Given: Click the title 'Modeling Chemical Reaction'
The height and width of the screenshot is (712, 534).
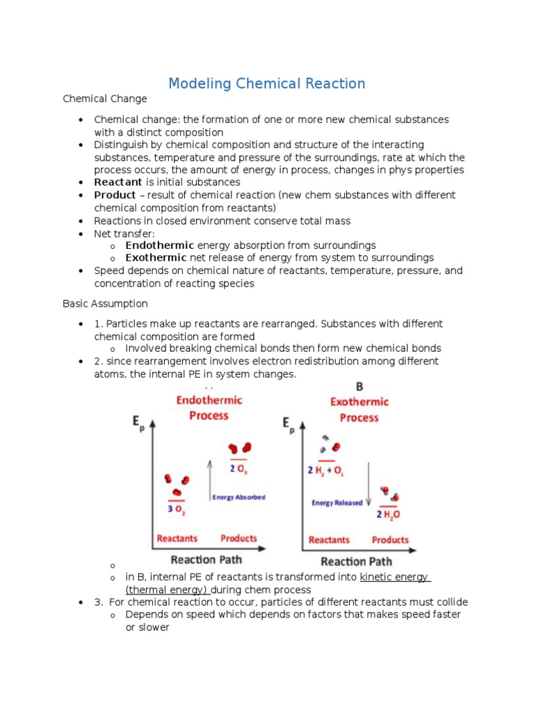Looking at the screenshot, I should click(x=266, y=83).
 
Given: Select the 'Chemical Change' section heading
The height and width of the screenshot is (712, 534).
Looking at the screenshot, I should click(x=105, y=99).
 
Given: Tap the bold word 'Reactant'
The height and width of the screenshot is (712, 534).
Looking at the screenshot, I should click(x=118, y=182).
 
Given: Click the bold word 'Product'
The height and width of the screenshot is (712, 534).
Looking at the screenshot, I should click(x=115, y=195).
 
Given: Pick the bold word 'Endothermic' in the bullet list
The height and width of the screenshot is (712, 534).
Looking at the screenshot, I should click(x=160, y=245).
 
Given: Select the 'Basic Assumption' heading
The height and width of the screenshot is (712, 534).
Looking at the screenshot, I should click(x=105, y=304).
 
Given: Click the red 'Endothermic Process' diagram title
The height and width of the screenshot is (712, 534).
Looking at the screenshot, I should click(x=209, y=408).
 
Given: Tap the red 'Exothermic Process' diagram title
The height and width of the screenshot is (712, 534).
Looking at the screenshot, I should click(x=359, y=410).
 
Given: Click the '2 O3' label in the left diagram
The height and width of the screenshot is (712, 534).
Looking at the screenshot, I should click(x=238, y=469).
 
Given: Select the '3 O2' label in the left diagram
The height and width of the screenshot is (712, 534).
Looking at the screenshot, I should click(x=177, y=509).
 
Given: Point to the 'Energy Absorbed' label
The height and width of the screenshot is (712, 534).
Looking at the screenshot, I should click(x=238, y=497).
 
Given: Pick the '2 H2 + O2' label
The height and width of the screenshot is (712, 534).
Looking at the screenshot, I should click(x=326, y=470).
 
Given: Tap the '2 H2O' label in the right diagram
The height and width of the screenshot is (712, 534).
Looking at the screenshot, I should click(x=389, y=515).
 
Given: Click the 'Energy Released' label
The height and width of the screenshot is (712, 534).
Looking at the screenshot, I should click(x=337, y=503).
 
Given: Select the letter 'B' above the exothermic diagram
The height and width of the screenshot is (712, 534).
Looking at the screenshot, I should click(x=359, y=387).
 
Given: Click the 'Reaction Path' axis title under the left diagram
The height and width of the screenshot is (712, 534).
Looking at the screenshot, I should click(x=207, y=559).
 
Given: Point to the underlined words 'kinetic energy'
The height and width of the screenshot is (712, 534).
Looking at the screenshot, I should click(x=395, y=578).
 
